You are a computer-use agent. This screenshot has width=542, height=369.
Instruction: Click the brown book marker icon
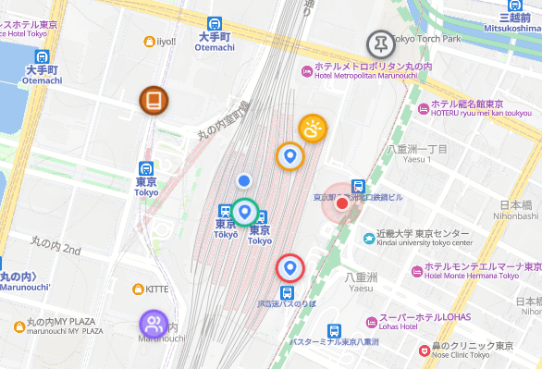[154, 100]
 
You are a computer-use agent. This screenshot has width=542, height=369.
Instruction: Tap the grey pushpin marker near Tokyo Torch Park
[379, 43]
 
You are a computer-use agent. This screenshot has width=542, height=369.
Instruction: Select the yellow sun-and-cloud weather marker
[313, 129]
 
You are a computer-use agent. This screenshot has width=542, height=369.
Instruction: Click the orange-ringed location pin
[290, 156]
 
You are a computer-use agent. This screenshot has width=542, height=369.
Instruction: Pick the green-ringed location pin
[244, 213]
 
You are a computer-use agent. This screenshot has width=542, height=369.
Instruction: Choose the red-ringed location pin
[290, 268]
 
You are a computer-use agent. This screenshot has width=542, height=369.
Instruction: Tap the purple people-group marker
[154, 324]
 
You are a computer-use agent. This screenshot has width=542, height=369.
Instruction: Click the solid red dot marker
[341, 203]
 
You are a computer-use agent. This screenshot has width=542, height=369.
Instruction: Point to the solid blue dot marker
[244, 180]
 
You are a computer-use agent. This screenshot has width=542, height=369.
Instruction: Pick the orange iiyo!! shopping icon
[150, 41]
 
